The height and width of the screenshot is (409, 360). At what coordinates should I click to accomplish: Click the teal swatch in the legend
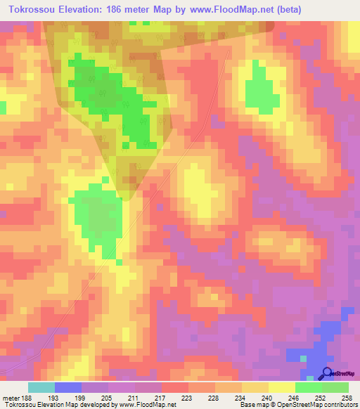click(41, 387)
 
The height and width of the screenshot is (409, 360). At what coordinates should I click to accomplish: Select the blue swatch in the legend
click(67, 387)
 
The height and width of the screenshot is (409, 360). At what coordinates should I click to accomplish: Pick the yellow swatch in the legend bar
click(281, 387)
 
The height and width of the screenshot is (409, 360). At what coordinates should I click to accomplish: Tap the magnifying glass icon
click(326, 373)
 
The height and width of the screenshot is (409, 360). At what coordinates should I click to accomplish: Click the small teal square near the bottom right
click(303, 358)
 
